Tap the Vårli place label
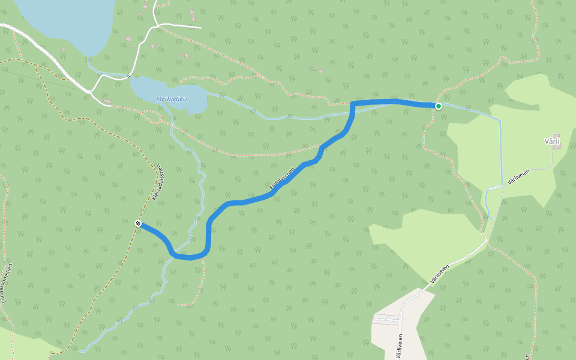point(551,141)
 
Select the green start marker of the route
point(439,106)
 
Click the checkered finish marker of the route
point(139,223)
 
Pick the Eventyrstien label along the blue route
point(282,178)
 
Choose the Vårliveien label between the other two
point(439,274)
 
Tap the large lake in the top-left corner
point(66,21)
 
